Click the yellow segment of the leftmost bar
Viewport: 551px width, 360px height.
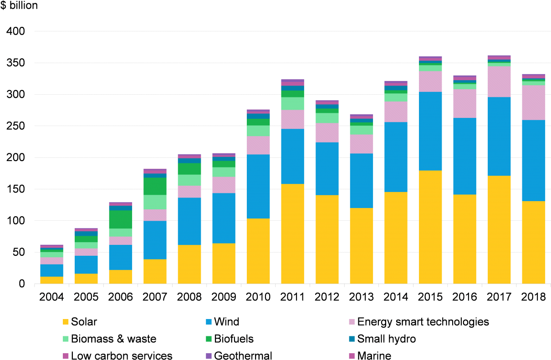coord(51,280)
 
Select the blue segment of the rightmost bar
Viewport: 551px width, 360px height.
coord(533,160)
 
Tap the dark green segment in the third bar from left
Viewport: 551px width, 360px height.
coord(121,219)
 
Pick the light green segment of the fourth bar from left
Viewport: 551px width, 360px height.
coord(155,202)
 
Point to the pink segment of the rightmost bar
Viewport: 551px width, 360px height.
coord(533,102)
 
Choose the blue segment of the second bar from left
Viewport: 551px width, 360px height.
coord(86,264)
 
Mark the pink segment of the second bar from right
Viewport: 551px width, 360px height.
coord(499,81)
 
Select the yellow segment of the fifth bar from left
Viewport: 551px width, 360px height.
coord(189,264)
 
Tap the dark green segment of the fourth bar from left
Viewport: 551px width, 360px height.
coord(155,186)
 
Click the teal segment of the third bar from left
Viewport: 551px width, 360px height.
coord(121,208)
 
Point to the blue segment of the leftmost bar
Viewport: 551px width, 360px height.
coord(51,270)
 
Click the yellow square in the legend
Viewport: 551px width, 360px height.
coord(66,322)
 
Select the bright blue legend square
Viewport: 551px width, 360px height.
coord(209,322)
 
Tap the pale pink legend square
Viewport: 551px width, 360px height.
coord(352,322)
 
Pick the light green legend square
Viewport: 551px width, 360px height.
coord(66,339)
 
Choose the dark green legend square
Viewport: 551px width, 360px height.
coord(209,339)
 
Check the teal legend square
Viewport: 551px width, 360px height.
coord(352,339)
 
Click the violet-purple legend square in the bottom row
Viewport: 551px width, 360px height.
coord(209,356)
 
